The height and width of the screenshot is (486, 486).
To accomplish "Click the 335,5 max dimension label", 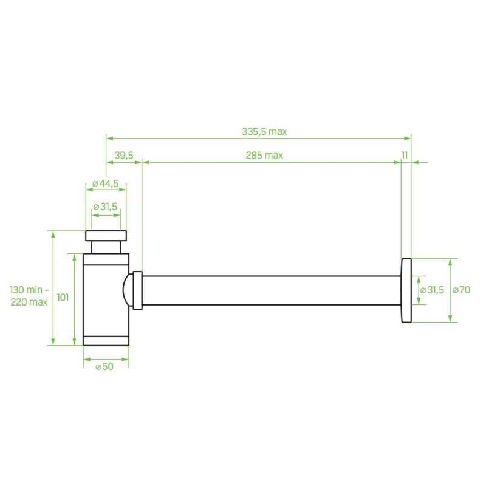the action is coord(264,131).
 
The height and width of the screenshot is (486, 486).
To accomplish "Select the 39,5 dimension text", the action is coord(124,155).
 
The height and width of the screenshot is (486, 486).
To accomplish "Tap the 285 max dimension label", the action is coord(264,155).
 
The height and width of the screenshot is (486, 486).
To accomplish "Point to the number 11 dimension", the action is coord(405,155).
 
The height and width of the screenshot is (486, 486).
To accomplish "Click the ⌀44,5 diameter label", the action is coord(105,183).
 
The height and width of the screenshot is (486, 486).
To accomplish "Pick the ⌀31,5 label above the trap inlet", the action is coord(105,207).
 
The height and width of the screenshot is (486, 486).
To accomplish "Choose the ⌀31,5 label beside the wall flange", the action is coord(432,290).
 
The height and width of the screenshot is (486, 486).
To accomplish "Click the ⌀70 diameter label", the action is coord(462,290).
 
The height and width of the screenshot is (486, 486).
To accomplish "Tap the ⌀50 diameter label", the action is coord(104,366).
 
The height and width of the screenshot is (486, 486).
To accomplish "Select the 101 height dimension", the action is coord(63,298).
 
